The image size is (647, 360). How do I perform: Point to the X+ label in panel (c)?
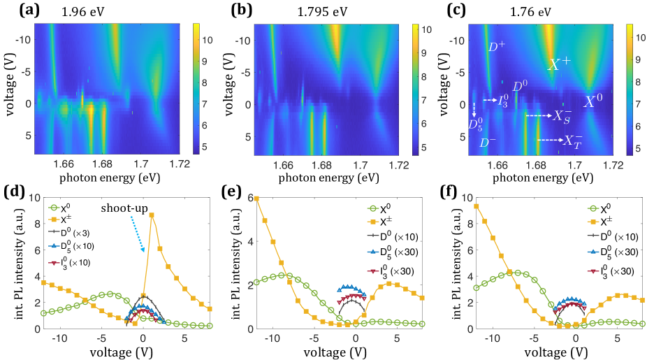559,64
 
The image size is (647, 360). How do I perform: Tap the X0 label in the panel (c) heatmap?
593,101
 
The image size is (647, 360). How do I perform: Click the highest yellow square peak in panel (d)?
152,215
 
